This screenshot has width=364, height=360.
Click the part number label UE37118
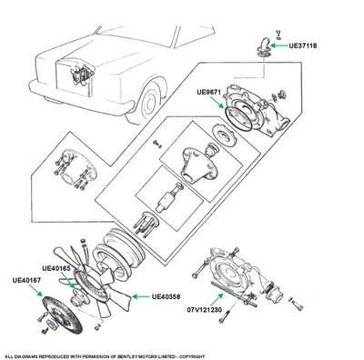pos(303,45)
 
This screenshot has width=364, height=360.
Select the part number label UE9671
pos(208,92)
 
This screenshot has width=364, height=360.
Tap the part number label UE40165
pos(56,268)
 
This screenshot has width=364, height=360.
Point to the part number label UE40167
pos(26,280)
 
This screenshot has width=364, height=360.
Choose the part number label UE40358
pos(166,296)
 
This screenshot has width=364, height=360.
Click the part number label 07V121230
pos(204,310)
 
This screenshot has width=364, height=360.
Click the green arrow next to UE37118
pos(278,45)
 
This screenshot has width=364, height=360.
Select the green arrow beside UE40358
pos(141,296)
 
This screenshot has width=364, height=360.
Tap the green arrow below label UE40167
pos(35,290)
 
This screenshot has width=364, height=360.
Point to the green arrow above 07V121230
pos(217,299)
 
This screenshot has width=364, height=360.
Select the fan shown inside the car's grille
pos(79,75)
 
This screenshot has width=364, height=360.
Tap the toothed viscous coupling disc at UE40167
pos(62,315)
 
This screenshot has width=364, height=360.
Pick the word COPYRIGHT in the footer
pos(193,356)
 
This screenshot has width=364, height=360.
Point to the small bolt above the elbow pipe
pos(278,34)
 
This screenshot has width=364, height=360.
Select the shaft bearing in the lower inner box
pos(169,198)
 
